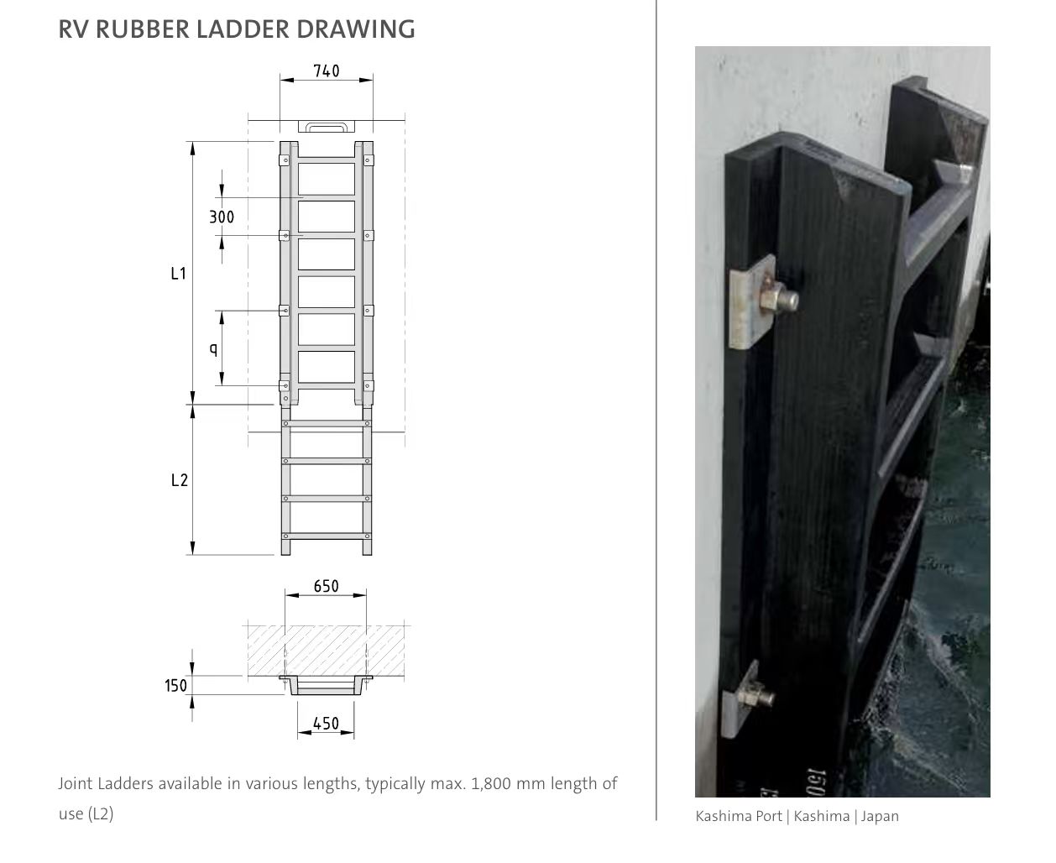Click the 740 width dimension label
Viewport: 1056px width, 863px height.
(326, 71)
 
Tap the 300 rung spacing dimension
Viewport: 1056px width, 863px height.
(222, 217)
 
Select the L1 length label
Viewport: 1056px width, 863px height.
(178, 274)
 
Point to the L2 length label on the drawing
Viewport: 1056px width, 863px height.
(180, 480)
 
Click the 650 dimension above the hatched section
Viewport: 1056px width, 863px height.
(326, 586)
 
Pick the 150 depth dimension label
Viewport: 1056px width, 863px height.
(175, 686)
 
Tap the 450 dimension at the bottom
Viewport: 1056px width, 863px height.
(326, 724)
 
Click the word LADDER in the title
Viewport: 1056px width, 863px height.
(243, 29)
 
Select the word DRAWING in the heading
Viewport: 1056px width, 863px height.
(356, 29)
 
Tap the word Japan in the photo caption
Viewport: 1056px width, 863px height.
(880, 817)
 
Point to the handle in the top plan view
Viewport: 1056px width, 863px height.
(326, 126)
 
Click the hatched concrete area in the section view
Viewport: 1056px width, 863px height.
(326, 650)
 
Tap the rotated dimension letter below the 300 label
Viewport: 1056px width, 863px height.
(214, 349)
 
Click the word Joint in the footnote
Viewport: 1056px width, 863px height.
(75, 783)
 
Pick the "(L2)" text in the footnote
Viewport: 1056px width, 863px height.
(100, 814)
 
